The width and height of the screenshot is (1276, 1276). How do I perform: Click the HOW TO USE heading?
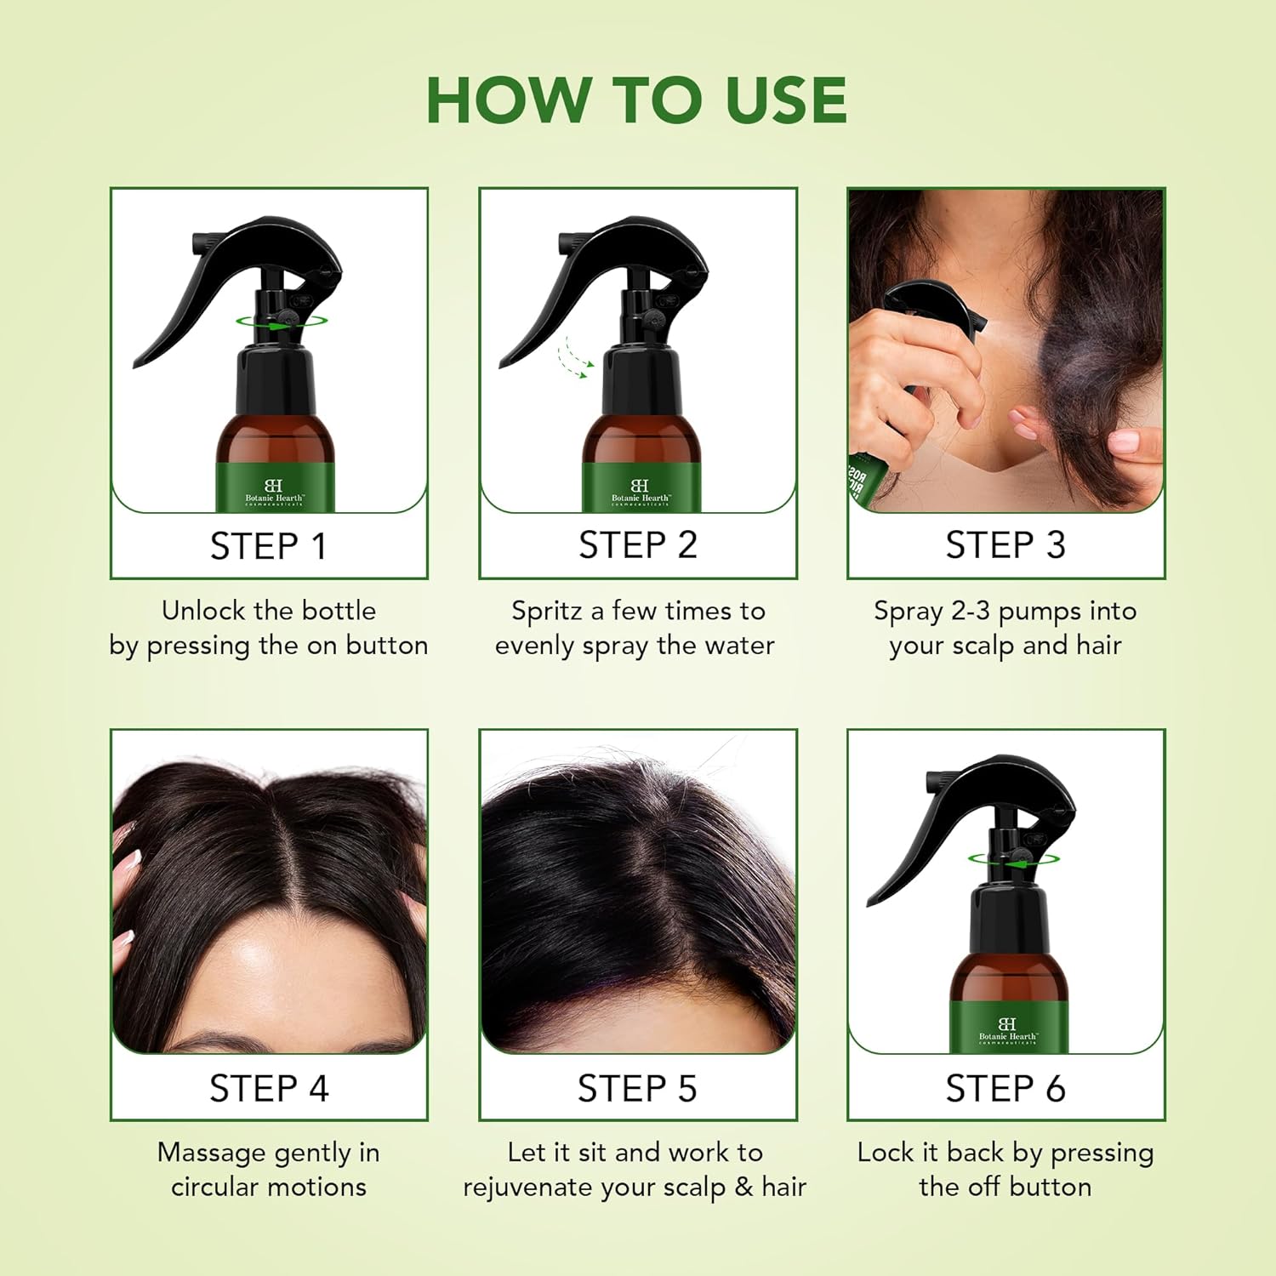coord(636,100)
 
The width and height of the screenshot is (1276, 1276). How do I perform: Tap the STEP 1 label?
coord(269,546)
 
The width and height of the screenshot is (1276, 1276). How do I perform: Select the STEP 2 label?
coord(638,545)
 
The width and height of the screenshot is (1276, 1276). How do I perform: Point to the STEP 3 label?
coord(1005,545)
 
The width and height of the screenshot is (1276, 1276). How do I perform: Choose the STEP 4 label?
coord(269,1089)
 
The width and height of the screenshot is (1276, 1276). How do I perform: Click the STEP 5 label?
coord(637,1089)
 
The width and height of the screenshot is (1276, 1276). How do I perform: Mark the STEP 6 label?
coord(1005,1089)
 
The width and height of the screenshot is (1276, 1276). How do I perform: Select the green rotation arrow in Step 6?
coord(1013,860)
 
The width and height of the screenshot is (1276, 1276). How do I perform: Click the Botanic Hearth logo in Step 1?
coord(274,493)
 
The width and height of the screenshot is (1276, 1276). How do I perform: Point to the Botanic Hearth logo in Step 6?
coord(1008,1030)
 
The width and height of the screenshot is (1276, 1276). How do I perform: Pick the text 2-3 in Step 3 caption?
coord(971,611)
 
